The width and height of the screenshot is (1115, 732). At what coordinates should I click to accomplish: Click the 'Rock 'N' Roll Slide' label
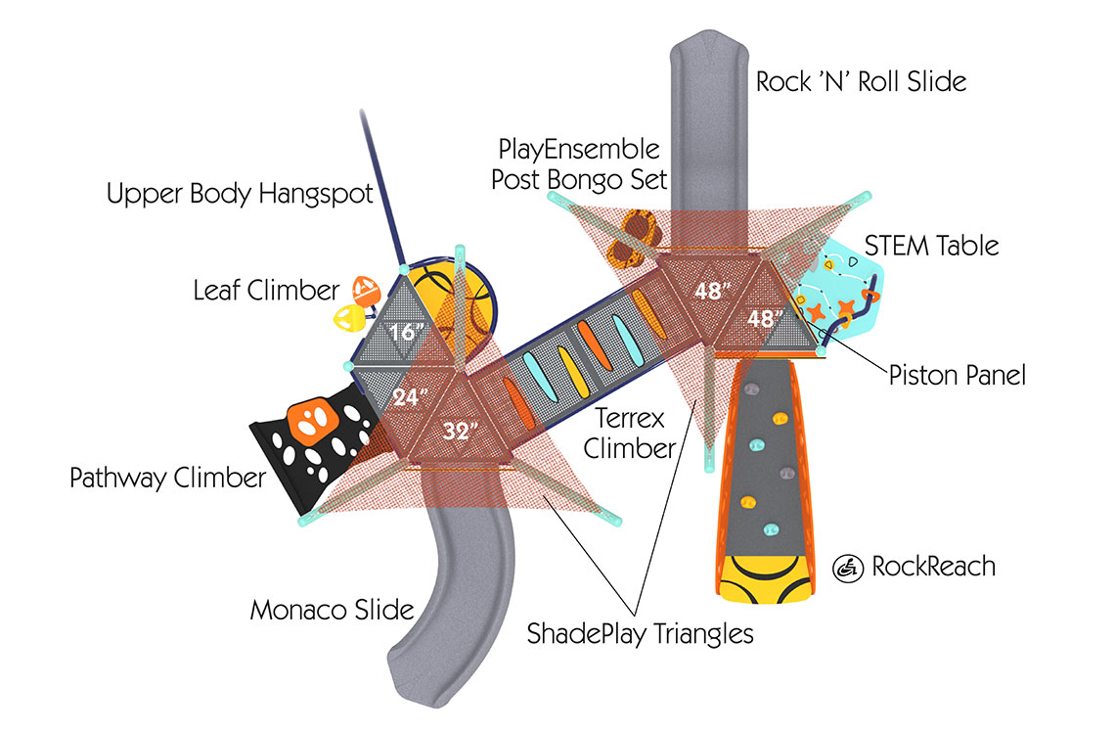(x=861, y=81)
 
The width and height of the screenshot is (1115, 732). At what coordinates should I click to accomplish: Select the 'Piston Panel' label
(x=958, y=374)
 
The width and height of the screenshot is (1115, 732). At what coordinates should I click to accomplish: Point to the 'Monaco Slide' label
(x=332, y=610)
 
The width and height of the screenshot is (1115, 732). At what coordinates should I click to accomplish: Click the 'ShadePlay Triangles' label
(x=641, y=633)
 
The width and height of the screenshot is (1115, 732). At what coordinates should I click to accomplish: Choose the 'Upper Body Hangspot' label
(x=240, y=194)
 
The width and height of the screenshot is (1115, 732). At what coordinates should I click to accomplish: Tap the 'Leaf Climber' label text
(x=266, y=290)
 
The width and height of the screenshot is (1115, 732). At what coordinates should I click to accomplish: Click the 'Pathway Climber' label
(x=168, y=479)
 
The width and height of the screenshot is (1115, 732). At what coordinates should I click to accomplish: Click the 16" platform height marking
(x=401, y=333)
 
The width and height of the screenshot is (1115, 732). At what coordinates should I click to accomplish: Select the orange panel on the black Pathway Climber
(x=312, y=424)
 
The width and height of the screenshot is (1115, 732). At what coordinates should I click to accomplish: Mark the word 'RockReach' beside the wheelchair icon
(x=933, y=566)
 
